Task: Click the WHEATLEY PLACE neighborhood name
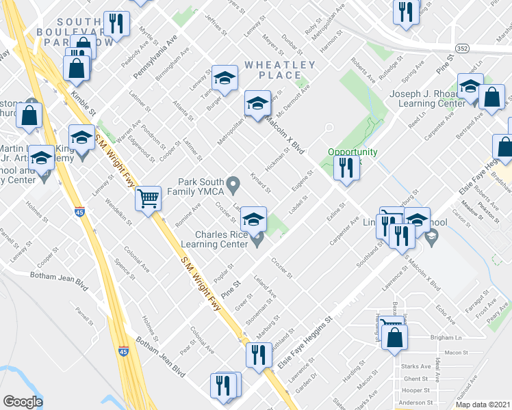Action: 280,70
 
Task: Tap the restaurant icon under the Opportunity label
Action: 346,167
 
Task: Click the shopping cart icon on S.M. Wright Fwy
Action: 148,199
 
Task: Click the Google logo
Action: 23,402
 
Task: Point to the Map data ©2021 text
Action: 482,405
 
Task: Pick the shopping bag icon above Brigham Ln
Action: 395,338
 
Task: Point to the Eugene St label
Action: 302,181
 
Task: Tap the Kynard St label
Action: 260,182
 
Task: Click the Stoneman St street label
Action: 261,312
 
